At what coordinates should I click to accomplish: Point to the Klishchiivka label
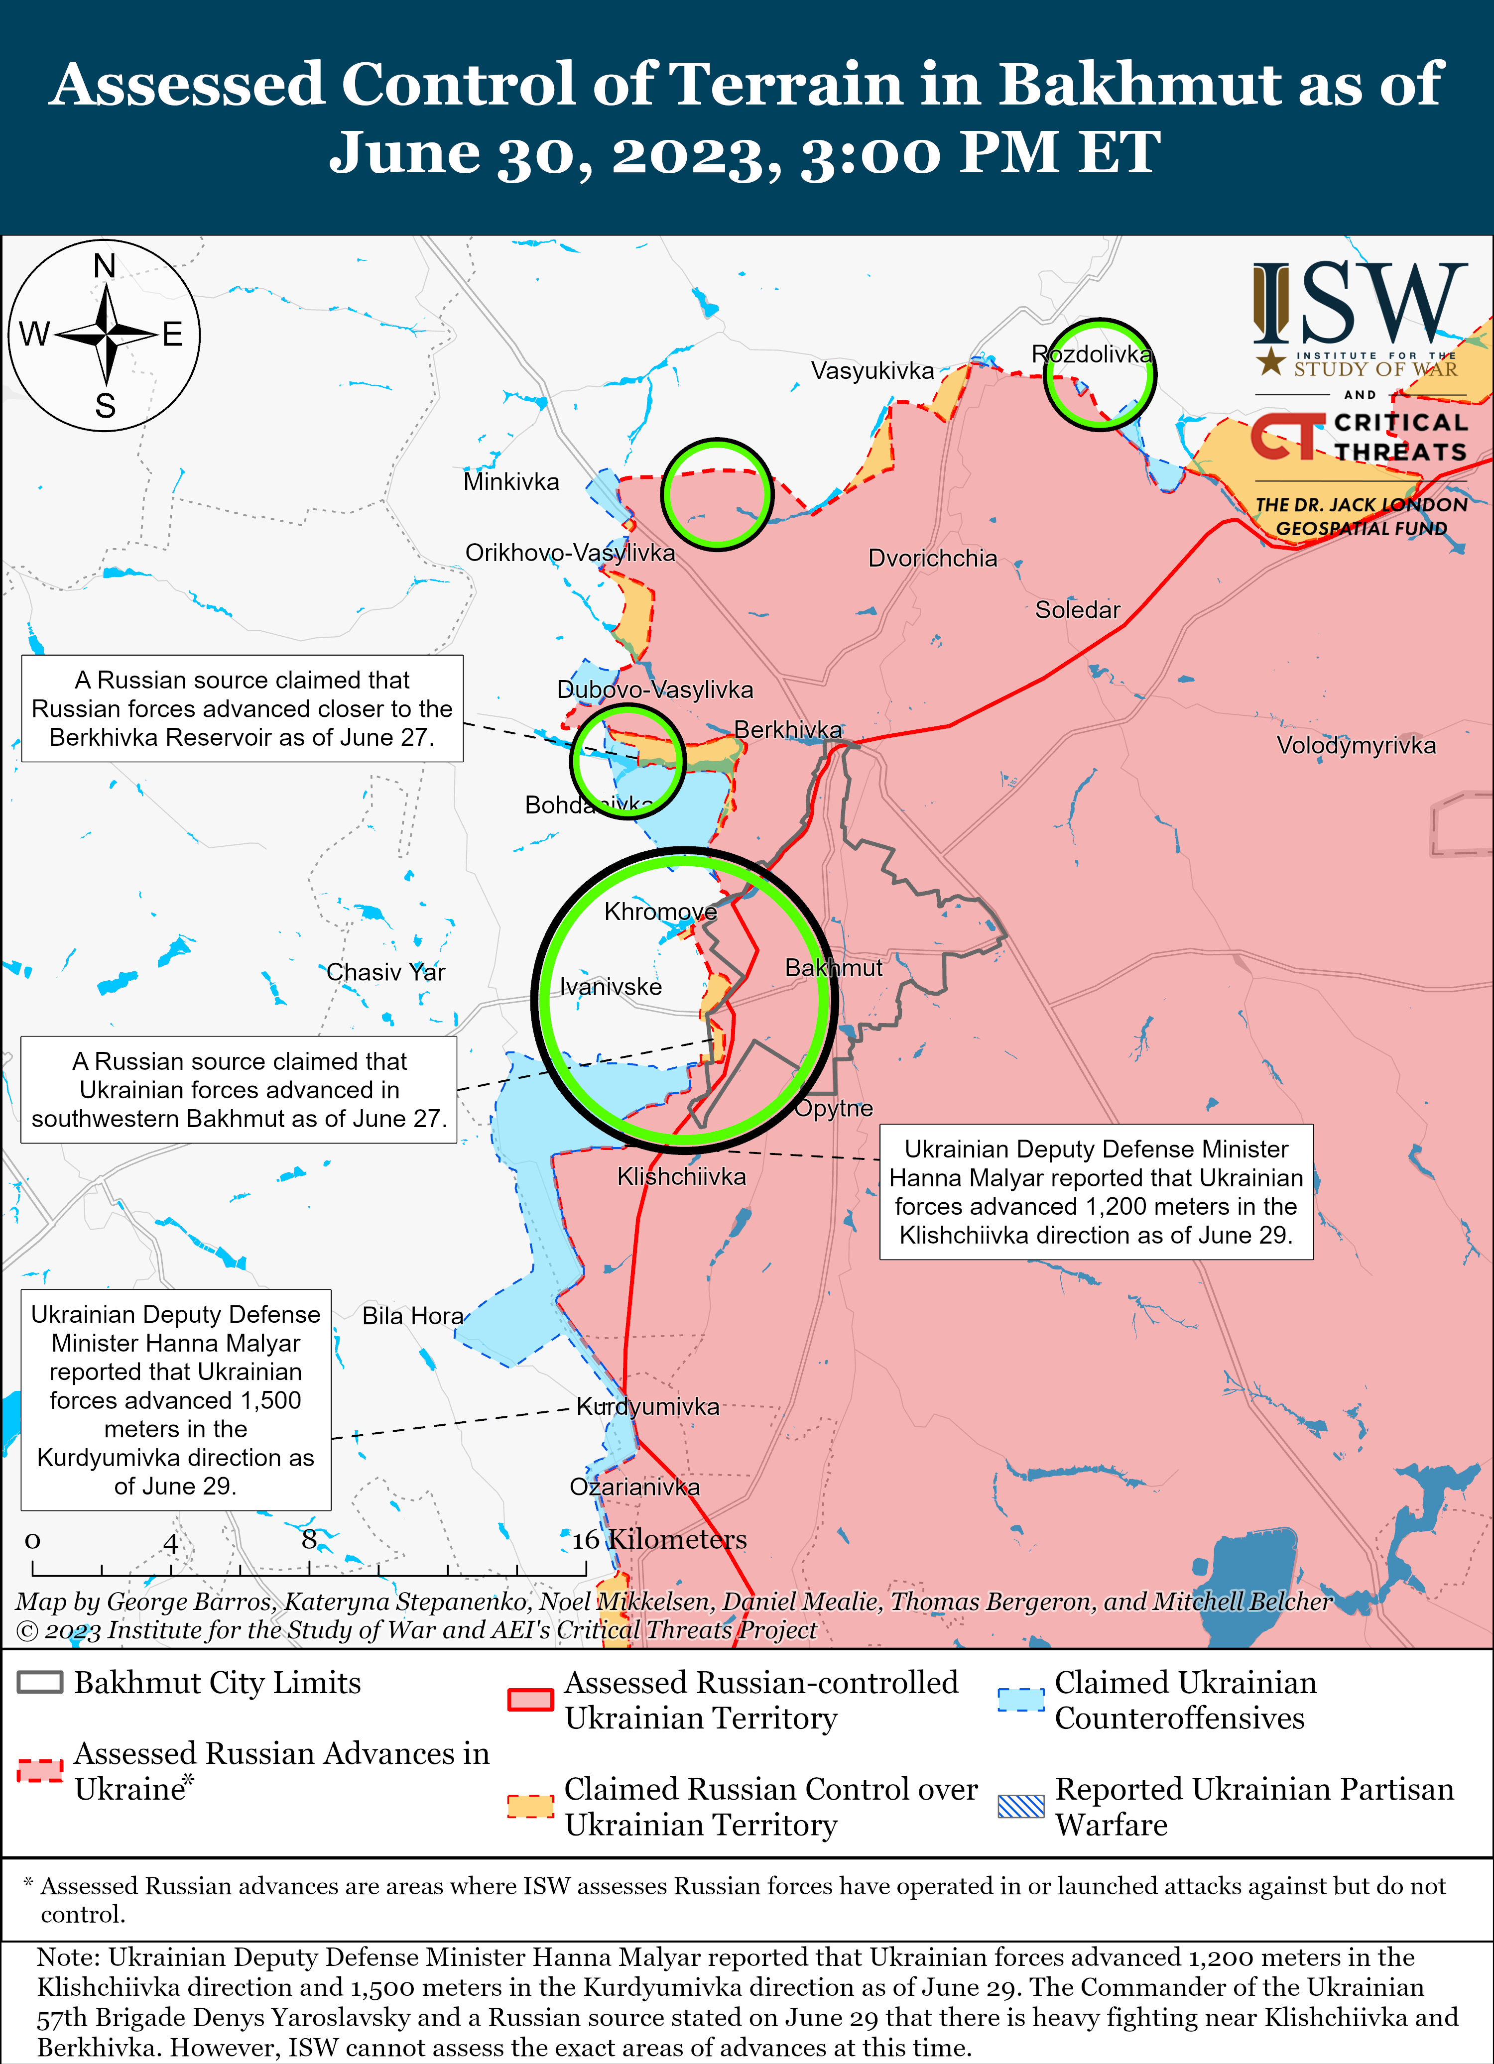pos(681,1177)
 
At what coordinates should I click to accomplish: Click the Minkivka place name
pos(511,481)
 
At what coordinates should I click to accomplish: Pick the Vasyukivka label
pos(872,370)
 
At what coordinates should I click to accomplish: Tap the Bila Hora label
pos(412,1316)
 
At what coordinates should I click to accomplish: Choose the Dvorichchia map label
pos(932,558)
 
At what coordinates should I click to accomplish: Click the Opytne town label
pos(834,1109)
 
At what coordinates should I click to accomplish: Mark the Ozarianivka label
pos(634,1487)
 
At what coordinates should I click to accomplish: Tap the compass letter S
pos(106,406)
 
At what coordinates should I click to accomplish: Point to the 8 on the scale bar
pos(310,1540)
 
